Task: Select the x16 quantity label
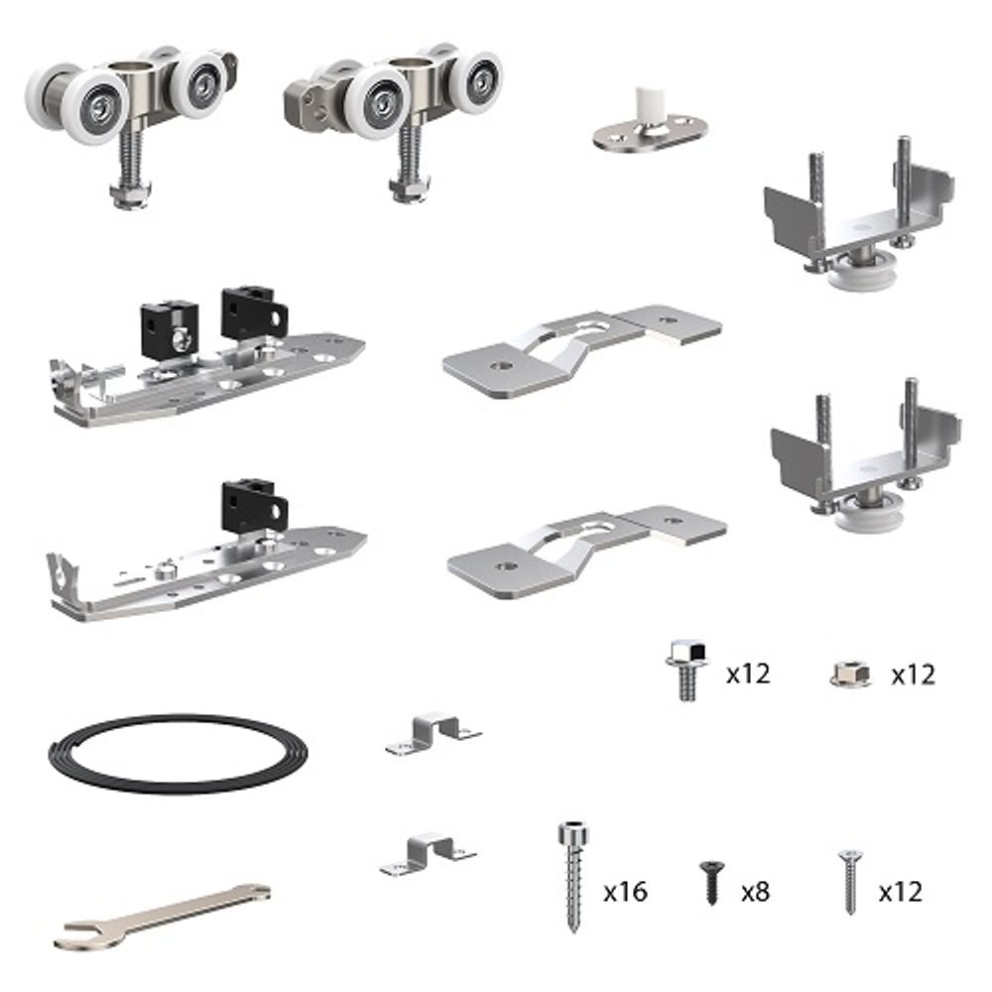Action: point(625,892)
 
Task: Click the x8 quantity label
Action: point(755,892)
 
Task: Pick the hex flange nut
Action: point(850,676)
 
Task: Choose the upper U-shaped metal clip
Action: point(433,732)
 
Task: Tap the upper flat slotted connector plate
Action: point(580,347)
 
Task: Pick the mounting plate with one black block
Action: point(208,560)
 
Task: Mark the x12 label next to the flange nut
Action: point(913,675)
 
